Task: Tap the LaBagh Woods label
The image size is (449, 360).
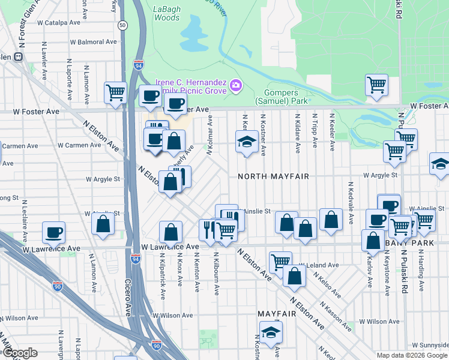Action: click(166, 13)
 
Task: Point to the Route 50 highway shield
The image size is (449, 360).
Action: click(122, 25)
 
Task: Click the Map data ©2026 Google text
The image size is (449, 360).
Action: click(412, 355)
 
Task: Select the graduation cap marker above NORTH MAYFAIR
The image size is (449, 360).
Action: click(245, 143)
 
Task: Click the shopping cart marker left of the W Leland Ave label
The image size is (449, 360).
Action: click(280, 262)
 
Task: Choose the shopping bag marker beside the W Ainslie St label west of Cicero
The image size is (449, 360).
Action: click(103, 224)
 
